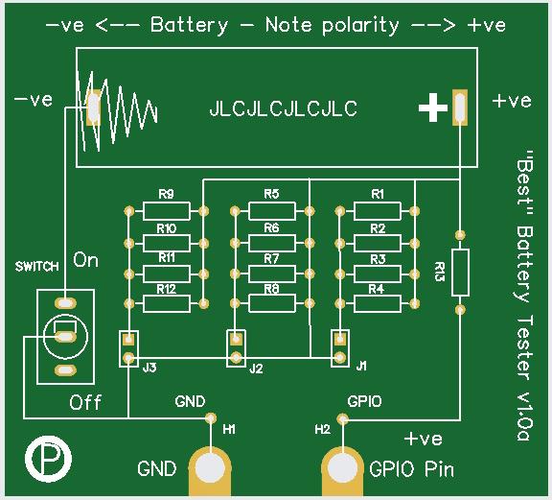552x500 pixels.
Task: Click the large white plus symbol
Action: point(433,107)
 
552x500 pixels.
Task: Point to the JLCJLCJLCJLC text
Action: point(284,108)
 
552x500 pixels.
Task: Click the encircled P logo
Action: point(48,459)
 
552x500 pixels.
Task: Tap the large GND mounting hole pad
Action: point(210,468)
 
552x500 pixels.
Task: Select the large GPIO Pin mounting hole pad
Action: point(342,468)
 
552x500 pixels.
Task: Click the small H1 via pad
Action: point(211,418)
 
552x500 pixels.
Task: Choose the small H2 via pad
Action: point(342,419)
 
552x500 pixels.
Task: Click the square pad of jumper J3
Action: point(128,340)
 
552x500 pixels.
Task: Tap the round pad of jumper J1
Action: point(339,358)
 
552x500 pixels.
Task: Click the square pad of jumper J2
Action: point(235,340)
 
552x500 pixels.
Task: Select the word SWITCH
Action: point(37,267)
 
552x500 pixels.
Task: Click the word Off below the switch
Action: point(85,402)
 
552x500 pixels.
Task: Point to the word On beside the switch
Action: point(85,260)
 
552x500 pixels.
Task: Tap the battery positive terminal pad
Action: point(460,107)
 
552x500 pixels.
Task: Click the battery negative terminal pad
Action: point(93,107)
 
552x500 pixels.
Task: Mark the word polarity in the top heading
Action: point(360,25)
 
